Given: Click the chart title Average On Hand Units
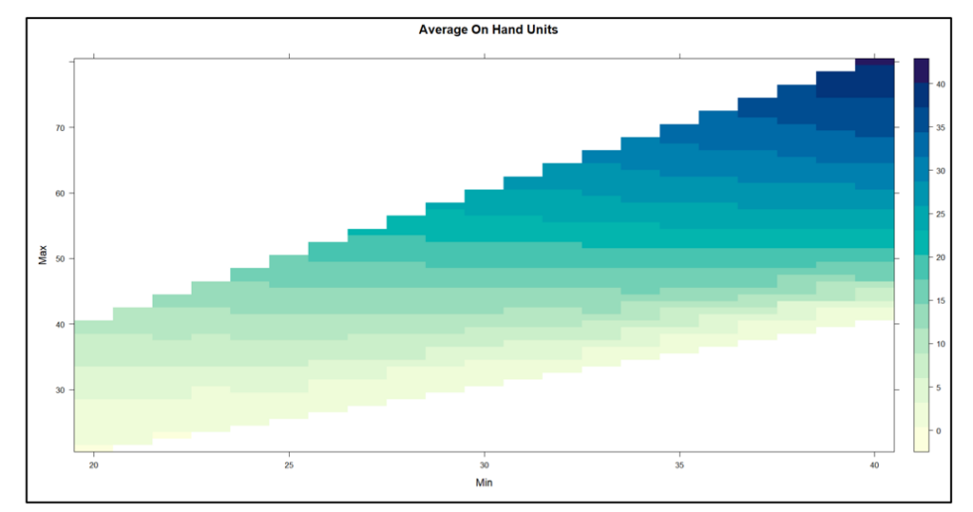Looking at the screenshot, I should point(488,30).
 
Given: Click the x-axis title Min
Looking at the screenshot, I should point(484,483).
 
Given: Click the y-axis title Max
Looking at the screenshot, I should point(43,256).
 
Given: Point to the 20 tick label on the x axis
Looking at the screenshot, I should point(93,464).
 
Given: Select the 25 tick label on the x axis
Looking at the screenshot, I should point(289,464).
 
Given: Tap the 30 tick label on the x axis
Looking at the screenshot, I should point(485,464).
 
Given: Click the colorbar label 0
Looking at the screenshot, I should point(940,431).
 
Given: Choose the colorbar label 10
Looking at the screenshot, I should point(942,344).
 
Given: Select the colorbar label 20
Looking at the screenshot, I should point(942,258).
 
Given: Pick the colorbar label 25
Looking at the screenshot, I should point(942,214).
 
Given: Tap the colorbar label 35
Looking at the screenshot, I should point(942,128).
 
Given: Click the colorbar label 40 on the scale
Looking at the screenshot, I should point(942,84).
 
